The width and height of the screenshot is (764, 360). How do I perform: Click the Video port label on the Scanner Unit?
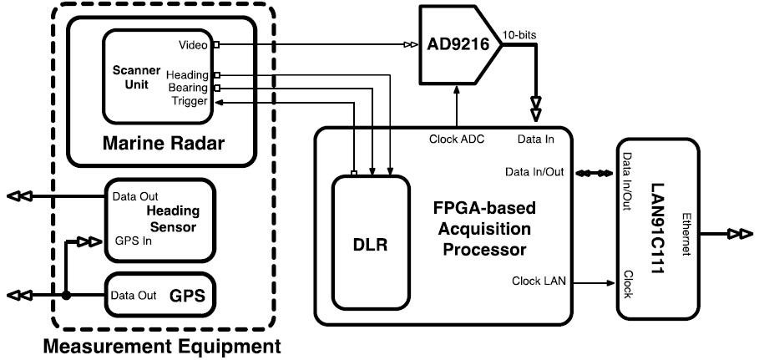pos(195,44)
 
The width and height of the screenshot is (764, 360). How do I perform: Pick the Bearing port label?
pos(190,88)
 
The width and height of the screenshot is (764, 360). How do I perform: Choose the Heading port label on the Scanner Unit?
pos(188,75)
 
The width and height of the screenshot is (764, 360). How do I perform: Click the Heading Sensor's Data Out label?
pos(136,197)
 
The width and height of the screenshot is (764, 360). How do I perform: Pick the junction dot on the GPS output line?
pos(65,295)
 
